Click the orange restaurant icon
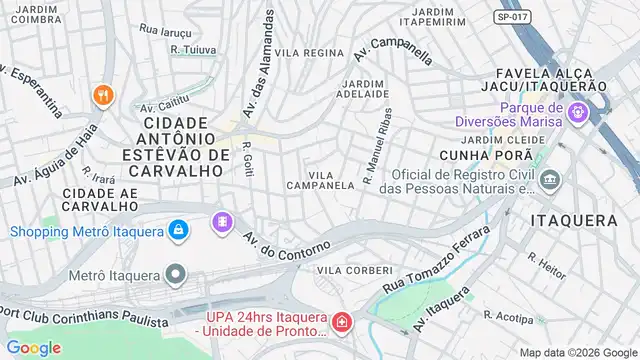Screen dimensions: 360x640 click(x=102, y=96)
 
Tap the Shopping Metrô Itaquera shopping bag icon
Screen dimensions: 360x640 click(x=177, y=231)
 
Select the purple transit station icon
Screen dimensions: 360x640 click(x=221, y=220)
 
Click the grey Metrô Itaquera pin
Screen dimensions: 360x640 click(x=176, y=273)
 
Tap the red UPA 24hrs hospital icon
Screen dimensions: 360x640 click(x=342, y=323)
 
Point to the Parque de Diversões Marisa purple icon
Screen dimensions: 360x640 click(x=577, y=114)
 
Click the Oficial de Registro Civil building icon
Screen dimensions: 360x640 click(x=551, y=180)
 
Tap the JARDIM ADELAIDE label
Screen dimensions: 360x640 click(x=365, y=88)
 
